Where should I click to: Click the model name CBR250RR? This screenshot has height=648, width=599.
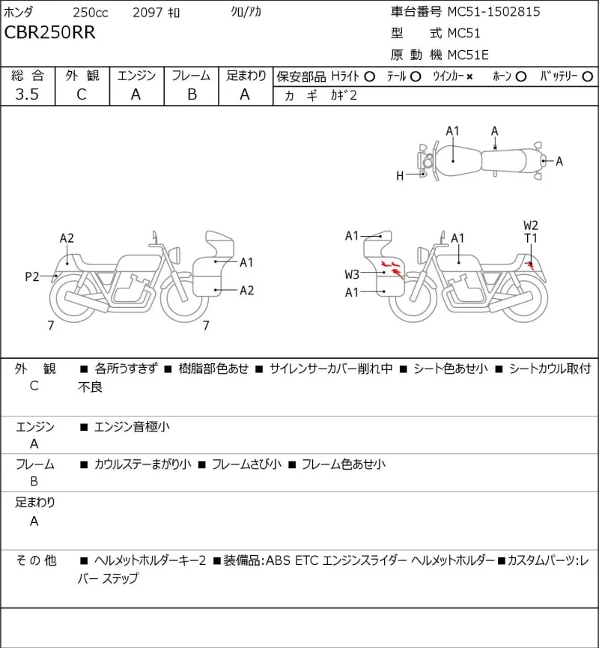click(49, 32)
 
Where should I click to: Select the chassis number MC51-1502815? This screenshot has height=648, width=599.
click(493, 11)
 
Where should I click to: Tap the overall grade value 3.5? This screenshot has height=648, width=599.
click(27, 94)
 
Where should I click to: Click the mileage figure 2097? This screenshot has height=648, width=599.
click(148, 13)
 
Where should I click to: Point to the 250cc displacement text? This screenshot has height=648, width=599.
click(91, 13)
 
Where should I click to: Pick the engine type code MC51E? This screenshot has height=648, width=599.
click(468, 55)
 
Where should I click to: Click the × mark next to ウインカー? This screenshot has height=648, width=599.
click(469, 76)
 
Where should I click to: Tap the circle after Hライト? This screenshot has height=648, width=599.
click(370, 76)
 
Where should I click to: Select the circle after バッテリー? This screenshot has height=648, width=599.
click(588, 76)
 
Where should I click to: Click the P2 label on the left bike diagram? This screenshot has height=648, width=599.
click(32, 276)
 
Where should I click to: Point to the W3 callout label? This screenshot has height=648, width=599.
click(352, 274)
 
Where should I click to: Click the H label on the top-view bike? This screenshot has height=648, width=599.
click(400, 176)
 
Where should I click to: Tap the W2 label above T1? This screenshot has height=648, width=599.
click(531, 225)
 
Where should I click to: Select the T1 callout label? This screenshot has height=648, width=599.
click(531, 238)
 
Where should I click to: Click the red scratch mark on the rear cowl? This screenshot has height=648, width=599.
click(529, 265)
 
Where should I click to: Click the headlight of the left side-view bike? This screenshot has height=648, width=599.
click(174, 254)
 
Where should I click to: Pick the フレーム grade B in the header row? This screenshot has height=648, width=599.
click(192, 94)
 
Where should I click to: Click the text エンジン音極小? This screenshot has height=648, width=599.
click(132, 426)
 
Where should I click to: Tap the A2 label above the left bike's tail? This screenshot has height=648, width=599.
click(67, 238)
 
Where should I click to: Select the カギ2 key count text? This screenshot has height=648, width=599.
click(343, 95)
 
